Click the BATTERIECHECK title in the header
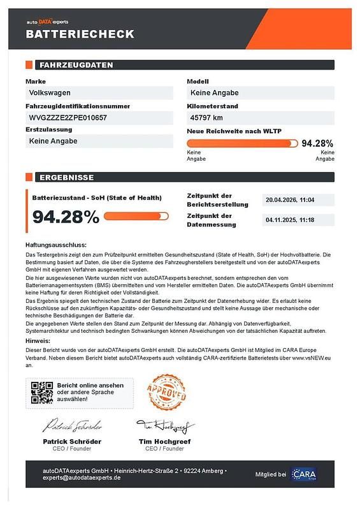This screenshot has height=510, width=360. tap(80, 34)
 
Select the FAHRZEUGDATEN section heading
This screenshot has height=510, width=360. tap(76, 65)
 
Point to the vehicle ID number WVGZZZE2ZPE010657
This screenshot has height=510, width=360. tap(68, 118)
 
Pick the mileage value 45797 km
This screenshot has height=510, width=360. tap(207, 118)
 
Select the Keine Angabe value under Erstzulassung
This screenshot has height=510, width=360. tap(54, 141)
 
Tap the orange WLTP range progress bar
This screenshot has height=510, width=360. tap(241, 143)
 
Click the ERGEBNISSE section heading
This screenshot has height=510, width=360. tap(66, 177)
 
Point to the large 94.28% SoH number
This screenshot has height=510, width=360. tap(66, 217)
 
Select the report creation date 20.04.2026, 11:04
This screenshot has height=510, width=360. tap(290, 200)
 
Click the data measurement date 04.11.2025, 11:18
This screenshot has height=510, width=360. tap(290, 221)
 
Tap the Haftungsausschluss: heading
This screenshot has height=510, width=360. tap(56, 245)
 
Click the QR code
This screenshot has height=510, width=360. tap(42, 393)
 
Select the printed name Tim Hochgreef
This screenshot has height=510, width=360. tap(165, 441)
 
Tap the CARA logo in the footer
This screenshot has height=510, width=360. tap(303, 474)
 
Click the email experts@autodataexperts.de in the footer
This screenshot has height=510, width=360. tap(82, 477)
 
